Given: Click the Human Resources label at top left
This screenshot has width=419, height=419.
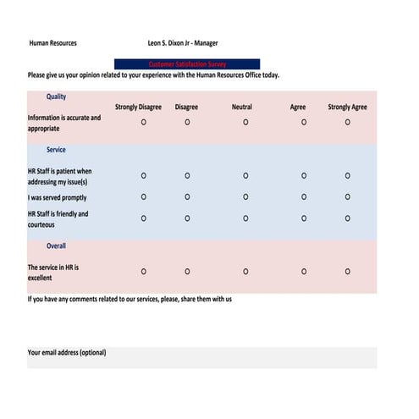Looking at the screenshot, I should [52, 43].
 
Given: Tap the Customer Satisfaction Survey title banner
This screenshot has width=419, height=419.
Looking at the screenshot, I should [187, 64].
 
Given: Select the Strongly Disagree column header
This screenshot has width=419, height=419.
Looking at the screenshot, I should [138, 108].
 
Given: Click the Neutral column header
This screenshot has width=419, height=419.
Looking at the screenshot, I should [242, 108].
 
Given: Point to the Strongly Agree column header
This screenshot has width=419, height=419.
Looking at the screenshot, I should [347, 108].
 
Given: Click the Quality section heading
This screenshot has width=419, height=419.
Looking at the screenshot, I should [56, 96].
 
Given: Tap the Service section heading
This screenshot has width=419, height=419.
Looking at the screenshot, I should [56, 150].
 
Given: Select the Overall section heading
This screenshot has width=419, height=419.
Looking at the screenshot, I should [56, 246].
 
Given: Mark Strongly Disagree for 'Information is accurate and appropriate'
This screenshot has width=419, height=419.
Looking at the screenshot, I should [143, 123].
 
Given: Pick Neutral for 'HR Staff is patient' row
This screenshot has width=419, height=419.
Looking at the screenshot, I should [245, 176].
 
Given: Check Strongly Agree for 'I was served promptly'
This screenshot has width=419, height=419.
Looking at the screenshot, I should [347, 197].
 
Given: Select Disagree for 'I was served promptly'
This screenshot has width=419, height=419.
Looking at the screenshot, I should [187, 197].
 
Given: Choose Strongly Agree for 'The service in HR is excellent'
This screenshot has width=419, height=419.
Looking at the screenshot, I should [347, 272].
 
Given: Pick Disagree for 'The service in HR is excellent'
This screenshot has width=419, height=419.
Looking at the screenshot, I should [187, 272].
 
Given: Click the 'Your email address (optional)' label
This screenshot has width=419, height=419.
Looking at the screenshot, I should [67, 353].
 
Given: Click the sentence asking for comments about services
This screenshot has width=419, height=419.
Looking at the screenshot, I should [130, 300].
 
